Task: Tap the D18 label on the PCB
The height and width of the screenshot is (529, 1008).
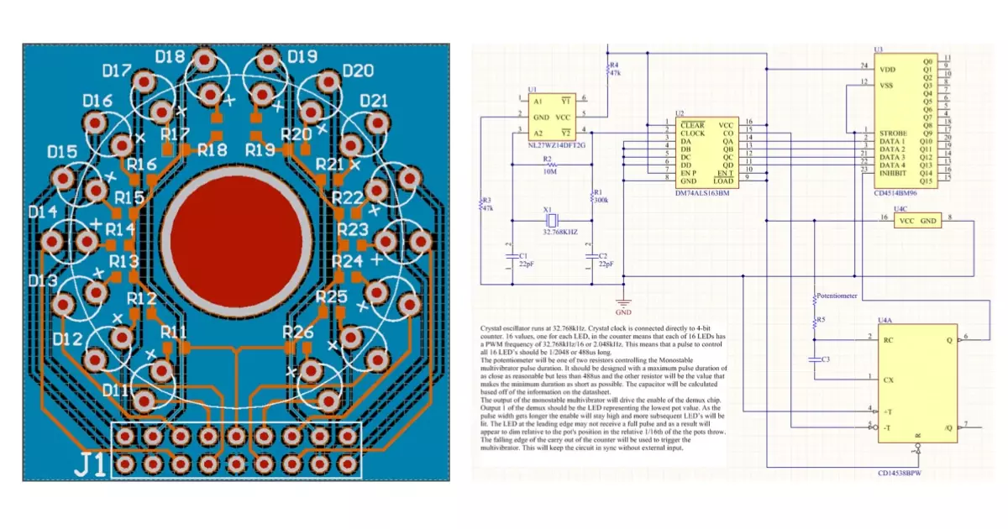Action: click(171, 57)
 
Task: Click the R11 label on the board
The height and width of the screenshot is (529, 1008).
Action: click(174, 330)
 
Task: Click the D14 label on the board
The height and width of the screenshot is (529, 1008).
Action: click(43, 212)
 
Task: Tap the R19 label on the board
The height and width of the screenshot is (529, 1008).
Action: click(260, 149)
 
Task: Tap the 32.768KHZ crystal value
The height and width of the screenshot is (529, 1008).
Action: click(559, 231)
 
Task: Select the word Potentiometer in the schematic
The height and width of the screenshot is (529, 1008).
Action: click(840, 296)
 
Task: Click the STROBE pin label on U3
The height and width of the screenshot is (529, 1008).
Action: click(892, 133)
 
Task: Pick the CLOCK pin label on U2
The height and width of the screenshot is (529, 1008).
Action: click(693, 133)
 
